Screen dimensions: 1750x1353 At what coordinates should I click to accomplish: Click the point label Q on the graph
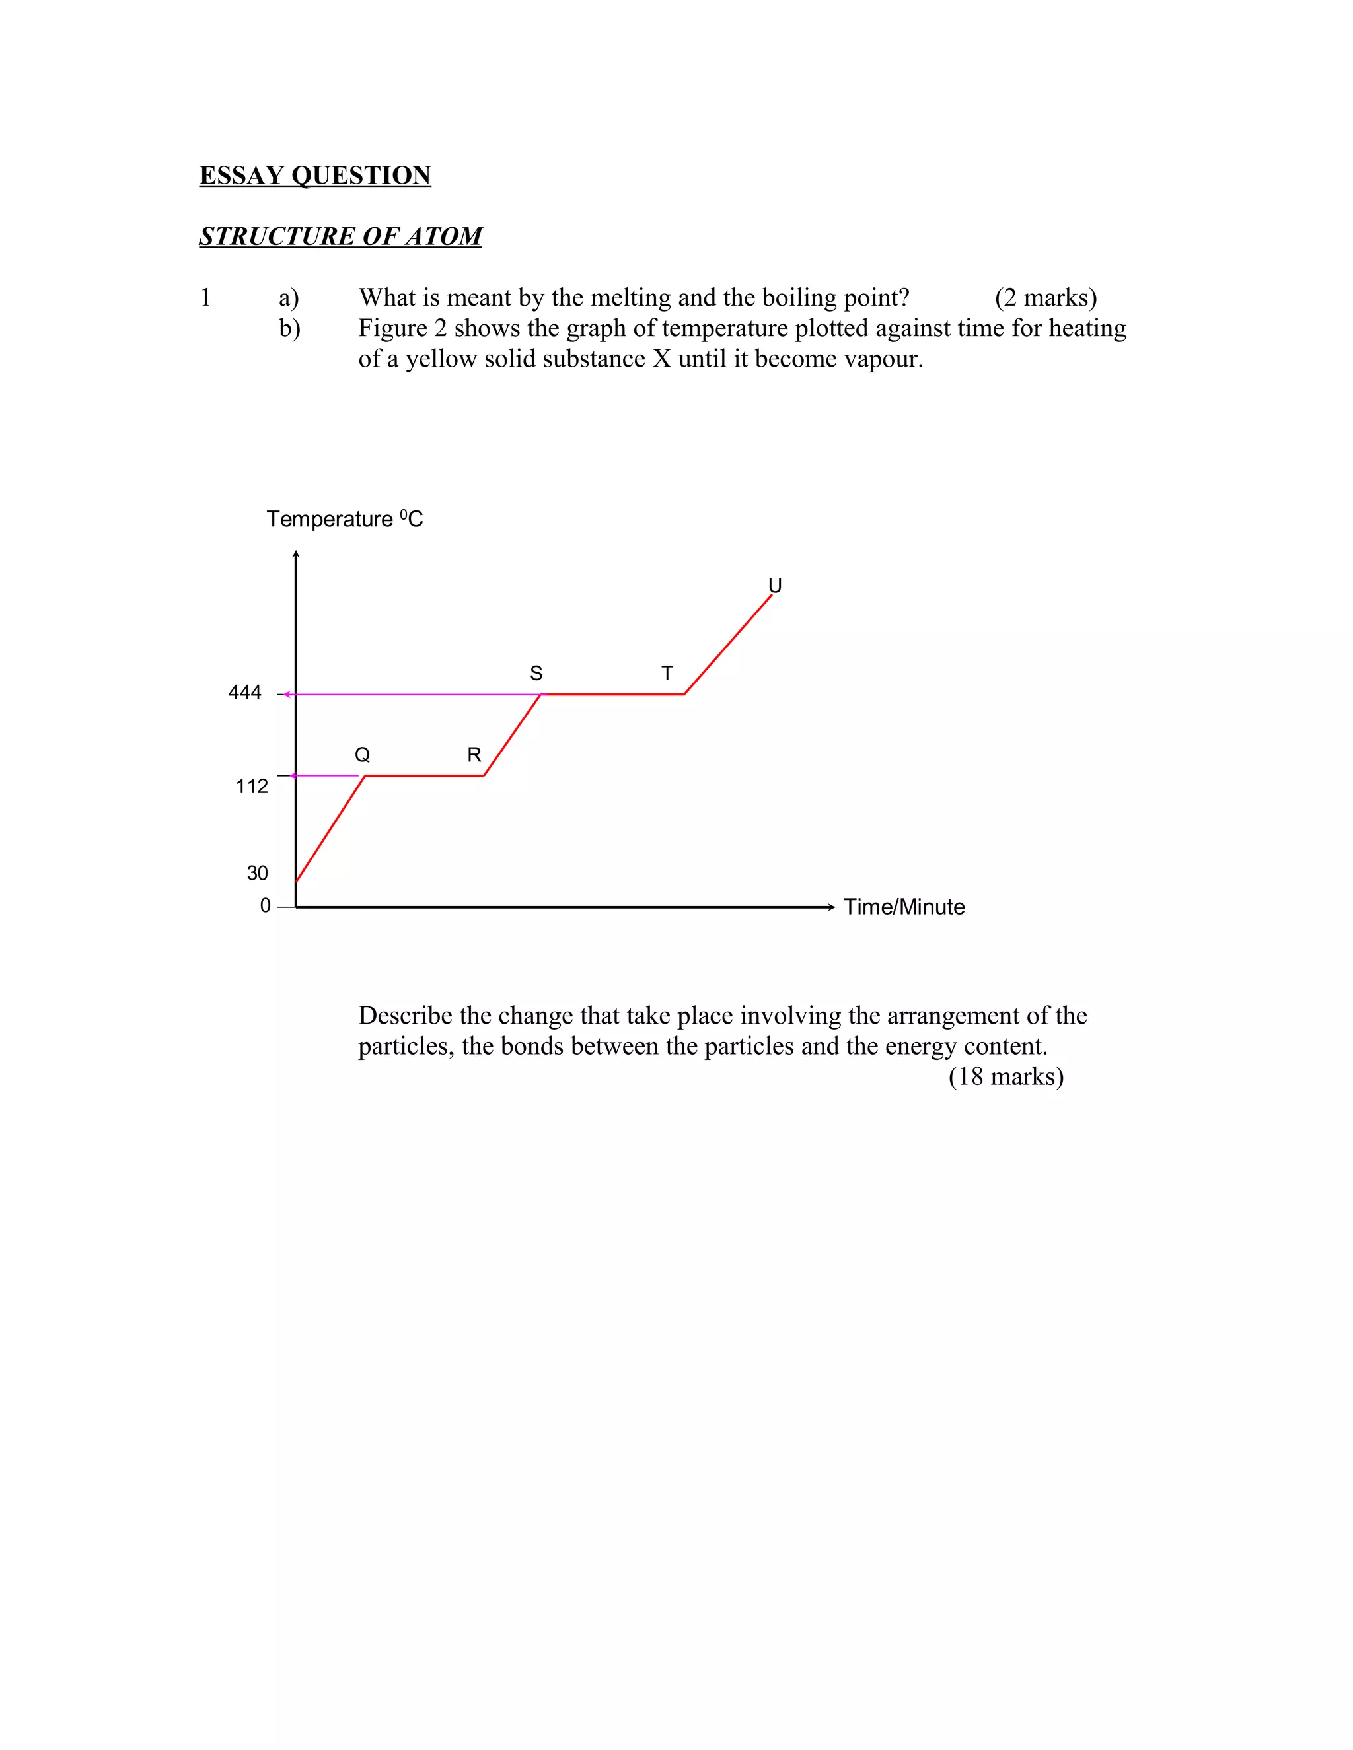point(362,755)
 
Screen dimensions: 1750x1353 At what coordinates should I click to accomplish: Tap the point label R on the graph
point(474,755)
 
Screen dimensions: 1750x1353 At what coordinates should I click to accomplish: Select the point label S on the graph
point(536,673)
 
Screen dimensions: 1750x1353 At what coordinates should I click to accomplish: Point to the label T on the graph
point(667,673)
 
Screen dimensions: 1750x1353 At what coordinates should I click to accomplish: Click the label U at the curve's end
point(774,586)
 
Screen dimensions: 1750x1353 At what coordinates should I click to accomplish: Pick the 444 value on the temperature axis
point(244,692)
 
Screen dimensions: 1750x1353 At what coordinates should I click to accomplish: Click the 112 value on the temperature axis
point(252,786)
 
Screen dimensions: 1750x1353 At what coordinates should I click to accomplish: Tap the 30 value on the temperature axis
point(257,872)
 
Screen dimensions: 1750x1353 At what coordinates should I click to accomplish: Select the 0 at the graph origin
point(266,905)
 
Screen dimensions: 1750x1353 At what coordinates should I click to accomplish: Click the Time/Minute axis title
point(904,907)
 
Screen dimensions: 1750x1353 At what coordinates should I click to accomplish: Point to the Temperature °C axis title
point(345,519)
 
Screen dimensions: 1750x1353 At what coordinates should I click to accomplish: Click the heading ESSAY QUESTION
point(315,176)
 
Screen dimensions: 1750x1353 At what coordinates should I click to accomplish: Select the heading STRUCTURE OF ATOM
point(341,236)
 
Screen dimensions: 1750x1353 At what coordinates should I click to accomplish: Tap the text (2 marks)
point(1045,298)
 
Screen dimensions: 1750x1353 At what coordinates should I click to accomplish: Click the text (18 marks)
point(1006,1076)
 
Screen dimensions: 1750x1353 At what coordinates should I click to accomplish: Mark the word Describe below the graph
point(405,1016)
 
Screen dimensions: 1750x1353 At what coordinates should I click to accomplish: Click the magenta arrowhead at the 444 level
point(287,694)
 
